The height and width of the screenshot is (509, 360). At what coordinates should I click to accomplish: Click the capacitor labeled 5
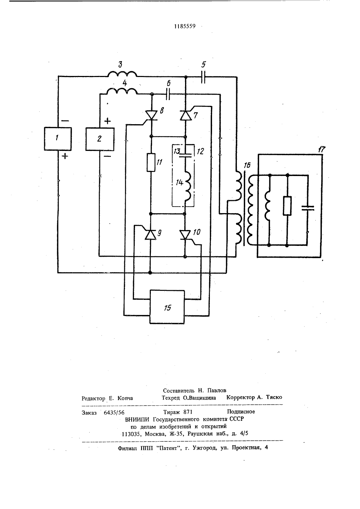(x=203, y=77)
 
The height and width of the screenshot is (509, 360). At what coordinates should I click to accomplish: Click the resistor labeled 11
(x=151, y=162)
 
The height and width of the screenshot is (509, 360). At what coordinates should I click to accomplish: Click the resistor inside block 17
(x=287, y=206)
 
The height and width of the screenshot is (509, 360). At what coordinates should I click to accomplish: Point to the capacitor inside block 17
(x=308, y=208)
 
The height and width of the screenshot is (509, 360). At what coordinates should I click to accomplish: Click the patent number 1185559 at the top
(x=185, y=27)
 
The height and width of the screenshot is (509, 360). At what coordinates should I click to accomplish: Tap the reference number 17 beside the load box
(x=321, y=149)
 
